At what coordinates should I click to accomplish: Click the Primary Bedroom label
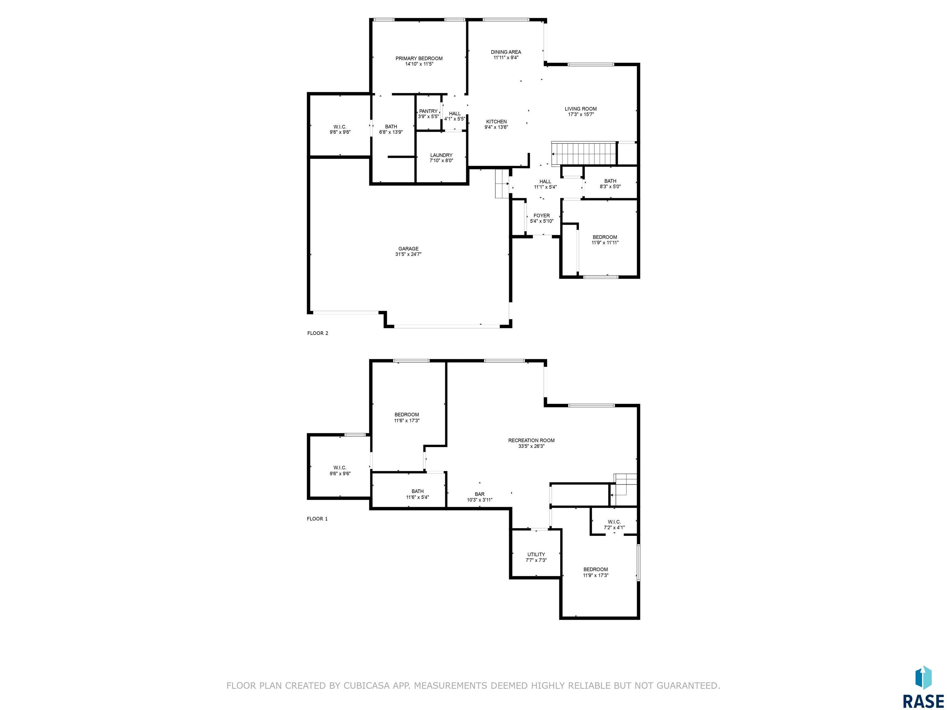point(419,59)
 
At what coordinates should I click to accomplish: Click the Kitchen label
point(496,121)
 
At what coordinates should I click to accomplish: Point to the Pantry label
point(428,111)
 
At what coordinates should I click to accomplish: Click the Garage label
point(408,249)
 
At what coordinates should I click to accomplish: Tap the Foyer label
point(542,216)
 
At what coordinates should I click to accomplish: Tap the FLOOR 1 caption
point(317,519)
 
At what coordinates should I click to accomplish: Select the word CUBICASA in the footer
point(367,686)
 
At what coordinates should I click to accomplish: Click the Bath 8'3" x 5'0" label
point(610,184)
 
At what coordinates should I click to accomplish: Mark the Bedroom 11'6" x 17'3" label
point(407,418)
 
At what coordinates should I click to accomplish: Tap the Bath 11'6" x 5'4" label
point(417,494)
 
